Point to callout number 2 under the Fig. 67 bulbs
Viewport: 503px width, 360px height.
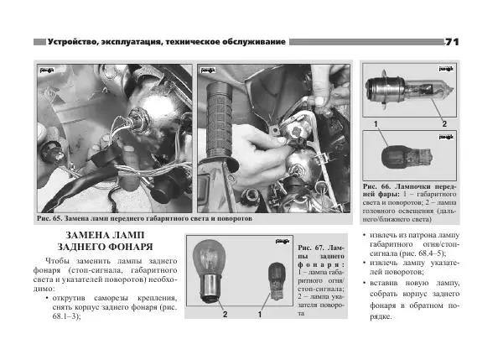[225, 316]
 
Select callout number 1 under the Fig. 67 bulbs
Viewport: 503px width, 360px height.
[261, 316]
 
